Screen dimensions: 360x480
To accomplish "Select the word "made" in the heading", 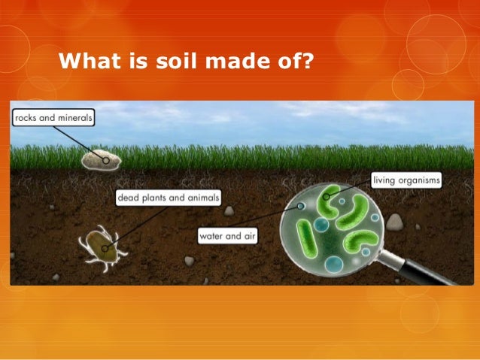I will (x=234, y=59).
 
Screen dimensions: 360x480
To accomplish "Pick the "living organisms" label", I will (x=407, y=181).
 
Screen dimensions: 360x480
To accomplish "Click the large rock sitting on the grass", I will (x=100, y=159).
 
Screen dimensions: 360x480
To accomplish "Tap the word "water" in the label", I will (x=213, y=236).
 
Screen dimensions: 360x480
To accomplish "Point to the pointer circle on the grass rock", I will (x=106, y=160).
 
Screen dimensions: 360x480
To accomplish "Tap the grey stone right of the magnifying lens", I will (x=394, y=221).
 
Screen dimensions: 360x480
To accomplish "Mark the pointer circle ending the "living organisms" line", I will (x=328, y=198).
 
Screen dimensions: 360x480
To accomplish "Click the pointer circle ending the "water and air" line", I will (x=301, y=205).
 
